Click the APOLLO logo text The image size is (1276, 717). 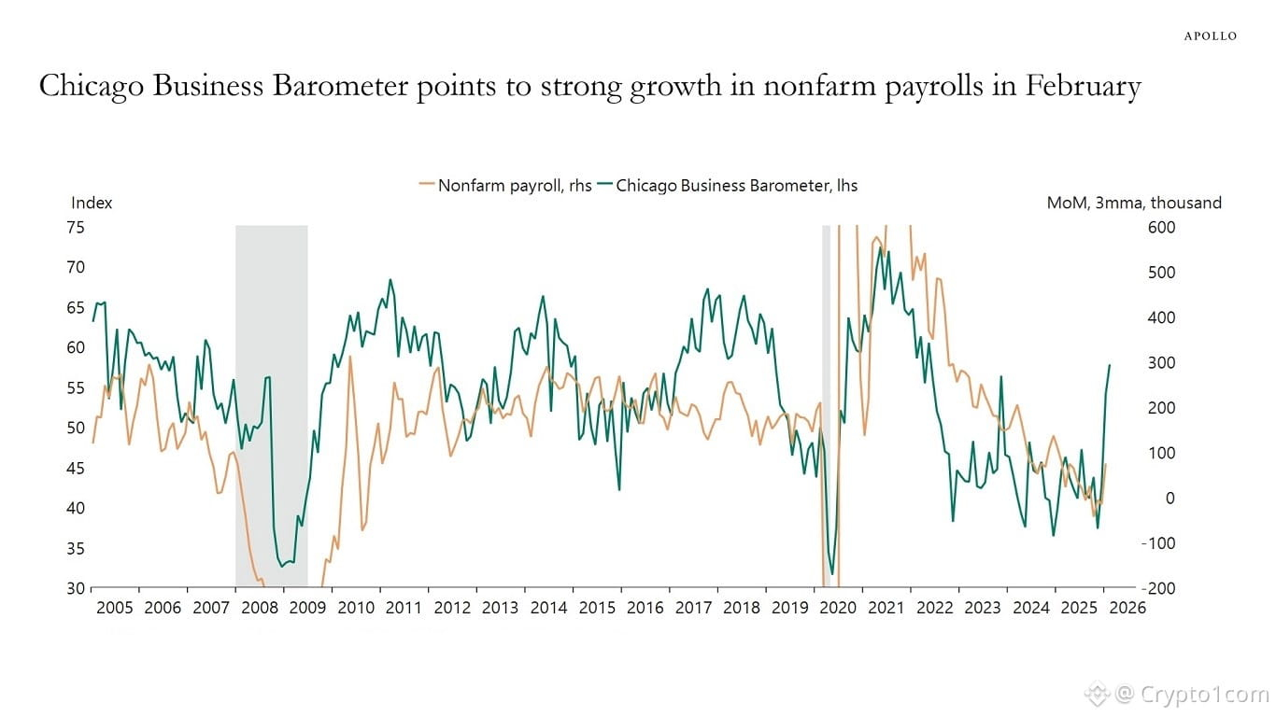tap(1210, 36)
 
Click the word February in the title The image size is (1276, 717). tap(1083, 87)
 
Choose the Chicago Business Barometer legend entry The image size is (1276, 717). tap(736, 185)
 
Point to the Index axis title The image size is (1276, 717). tap(92, 203)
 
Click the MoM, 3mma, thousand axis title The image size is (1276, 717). tap(1133, 203)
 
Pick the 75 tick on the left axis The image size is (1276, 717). tap(75, 227)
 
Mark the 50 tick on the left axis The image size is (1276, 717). tap(75, 429)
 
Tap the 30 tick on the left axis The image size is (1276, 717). tap(75, 589)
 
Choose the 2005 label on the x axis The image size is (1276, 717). tap(115, 608)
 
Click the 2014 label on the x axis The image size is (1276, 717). tap(548, 608)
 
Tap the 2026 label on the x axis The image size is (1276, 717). tap(1127, 608)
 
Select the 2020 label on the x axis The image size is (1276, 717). tap(838, 608)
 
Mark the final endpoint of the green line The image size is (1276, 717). tap(1110, 365)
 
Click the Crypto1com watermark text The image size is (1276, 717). tap(1187, 694)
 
